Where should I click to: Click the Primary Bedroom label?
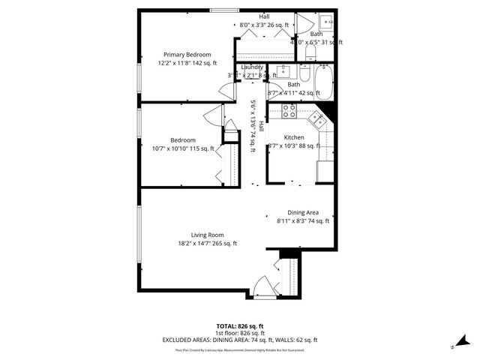(187, 55)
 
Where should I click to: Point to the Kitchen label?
(293, 137)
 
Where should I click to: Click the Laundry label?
(252, 67)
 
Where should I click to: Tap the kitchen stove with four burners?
(290, 112)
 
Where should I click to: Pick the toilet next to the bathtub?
(304, 73)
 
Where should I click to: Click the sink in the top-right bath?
(328, 21)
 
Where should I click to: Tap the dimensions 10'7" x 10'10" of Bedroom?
(183, 148)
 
